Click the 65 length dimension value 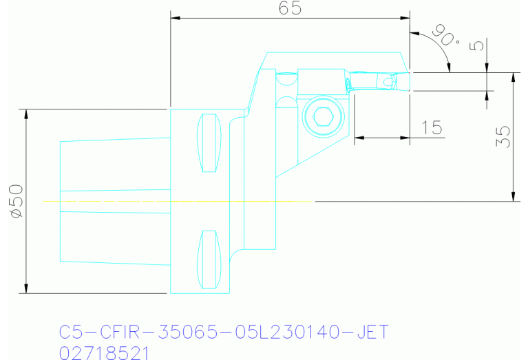tap(290, 8)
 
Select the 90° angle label tap(445, 35)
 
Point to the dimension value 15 tap(431, 127)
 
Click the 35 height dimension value tap(503, 137)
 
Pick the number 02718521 tap(103, 352)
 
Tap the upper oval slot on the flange tap(208, 142)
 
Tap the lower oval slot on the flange tap(208, 260)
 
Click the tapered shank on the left tap(114, 200)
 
